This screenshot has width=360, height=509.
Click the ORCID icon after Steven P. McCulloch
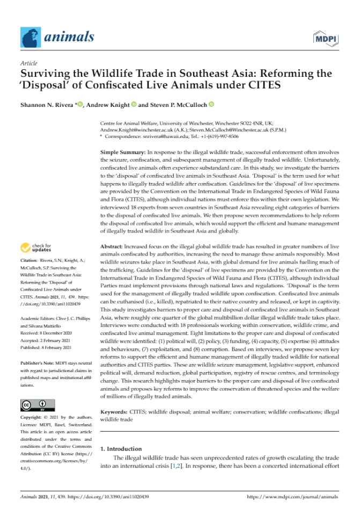pos(212,104)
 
